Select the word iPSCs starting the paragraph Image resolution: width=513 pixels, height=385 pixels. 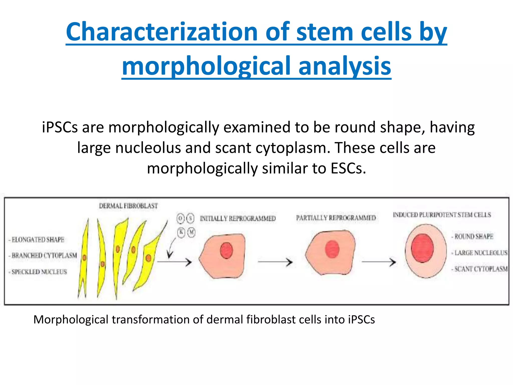60,127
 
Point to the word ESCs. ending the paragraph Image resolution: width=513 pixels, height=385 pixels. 348,168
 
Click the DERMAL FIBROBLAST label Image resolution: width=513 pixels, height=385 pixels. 128,206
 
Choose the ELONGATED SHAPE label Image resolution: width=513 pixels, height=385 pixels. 38,240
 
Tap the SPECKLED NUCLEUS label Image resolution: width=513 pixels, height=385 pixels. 39,272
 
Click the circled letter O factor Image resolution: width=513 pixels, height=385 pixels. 180,218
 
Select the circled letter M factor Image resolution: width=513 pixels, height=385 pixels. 191,233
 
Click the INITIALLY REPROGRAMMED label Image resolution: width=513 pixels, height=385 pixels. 237,219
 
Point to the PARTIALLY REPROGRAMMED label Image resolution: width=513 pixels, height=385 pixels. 336,218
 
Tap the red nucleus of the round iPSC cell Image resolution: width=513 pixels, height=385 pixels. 422,248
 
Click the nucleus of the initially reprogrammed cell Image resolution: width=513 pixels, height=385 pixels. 226,250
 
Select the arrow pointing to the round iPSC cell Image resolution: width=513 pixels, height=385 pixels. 379,262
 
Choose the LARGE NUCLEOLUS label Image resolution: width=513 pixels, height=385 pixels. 480,253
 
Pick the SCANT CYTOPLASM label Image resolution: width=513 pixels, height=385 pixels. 480,269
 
